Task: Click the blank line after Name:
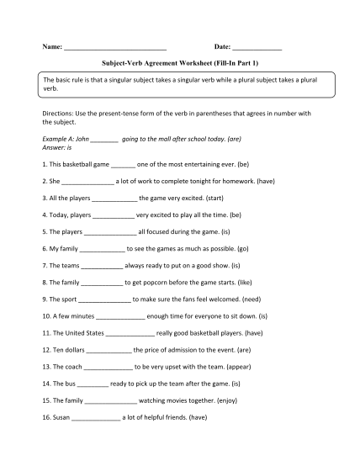(115, 48)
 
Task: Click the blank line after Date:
(257, 48)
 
